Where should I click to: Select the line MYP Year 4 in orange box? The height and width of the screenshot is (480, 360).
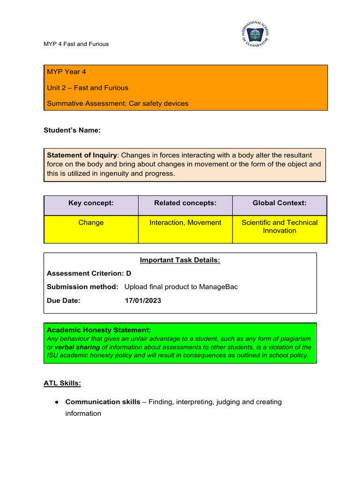[66, 72]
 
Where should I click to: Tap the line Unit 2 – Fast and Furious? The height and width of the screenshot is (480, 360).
[87, 88]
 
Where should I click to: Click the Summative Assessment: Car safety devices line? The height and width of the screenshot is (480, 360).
[117, 103]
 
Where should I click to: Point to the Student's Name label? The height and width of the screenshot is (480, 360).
[72, 130]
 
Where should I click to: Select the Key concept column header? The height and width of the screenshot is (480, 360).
[91, 203]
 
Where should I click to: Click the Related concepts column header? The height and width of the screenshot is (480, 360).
[185, 203]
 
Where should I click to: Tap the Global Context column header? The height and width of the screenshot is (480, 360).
[279, 203]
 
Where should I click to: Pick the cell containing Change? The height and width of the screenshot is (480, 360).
[91, 223]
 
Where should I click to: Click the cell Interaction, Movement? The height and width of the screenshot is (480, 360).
[185, 223]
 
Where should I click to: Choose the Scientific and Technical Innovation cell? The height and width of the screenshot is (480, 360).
[279, 226]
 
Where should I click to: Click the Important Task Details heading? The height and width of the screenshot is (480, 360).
[180, 261]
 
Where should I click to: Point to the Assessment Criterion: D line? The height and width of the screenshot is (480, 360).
[89, 273]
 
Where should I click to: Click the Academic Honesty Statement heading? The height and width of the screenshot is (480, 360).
[99, 330]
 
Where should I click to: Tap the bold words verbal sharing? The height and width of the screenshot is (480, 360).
[77, 347]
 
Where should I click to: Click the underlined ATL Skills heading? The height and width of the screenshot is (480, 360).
[62, 383]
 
